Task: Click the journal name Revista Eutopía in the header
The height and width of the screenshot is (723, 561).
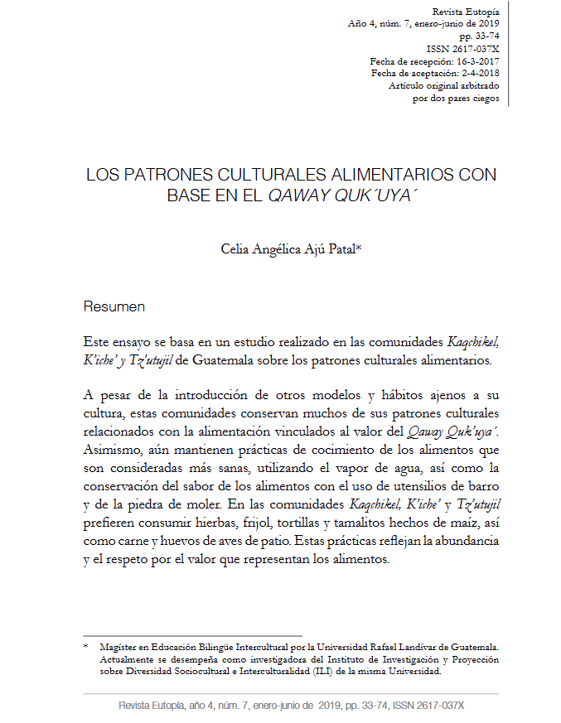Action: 466,12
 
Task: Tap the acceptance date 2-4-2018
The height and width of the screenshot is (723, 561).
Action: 475,74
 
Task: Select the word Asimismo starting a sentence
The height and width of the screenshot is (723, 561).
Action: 111,450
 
